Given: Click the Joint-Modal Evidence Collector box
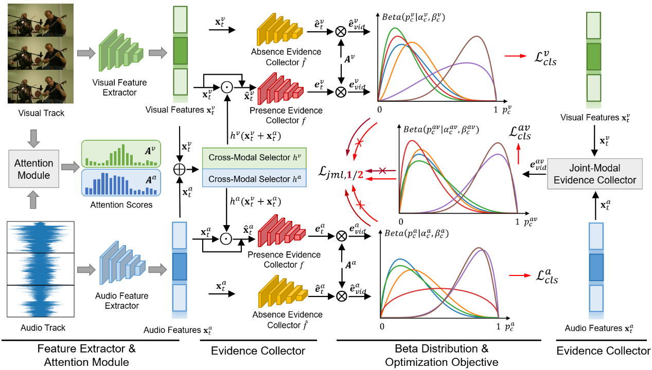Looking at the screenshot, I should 594,174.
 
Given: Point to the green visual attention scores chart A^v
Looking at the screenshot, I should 121,154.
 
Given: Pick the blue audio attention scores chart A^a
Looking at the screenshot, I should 121,182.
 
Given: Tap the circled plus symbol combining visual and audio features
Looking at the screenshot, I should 179,168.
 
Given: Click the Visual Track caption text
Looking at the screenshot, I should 42,113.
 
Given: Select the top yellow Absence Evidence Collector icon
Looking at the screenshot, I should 279,31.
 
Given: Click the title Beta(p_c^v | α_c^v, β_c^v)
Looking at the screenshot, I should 414,17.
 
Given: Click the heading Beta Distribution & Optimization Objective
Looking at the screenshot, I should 442,355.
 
